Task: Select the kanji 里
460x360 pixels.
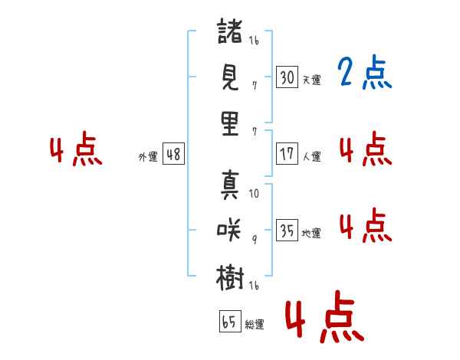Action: coord(230,123)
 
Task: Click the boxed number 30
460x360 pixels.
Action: coord(287,77)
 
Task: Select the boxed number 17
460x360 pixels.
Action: coord(287,153)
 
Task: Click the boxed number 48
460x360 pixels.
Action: coord(173,153)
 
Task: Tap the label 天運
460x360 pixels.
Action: coord(311,80)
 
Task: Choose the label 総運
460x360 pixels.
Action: coord(255,325)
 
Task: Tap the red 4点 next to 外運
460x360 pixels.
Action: coord(75,151)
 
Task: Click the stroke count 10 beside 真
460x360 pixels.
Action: coord(254,194)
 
